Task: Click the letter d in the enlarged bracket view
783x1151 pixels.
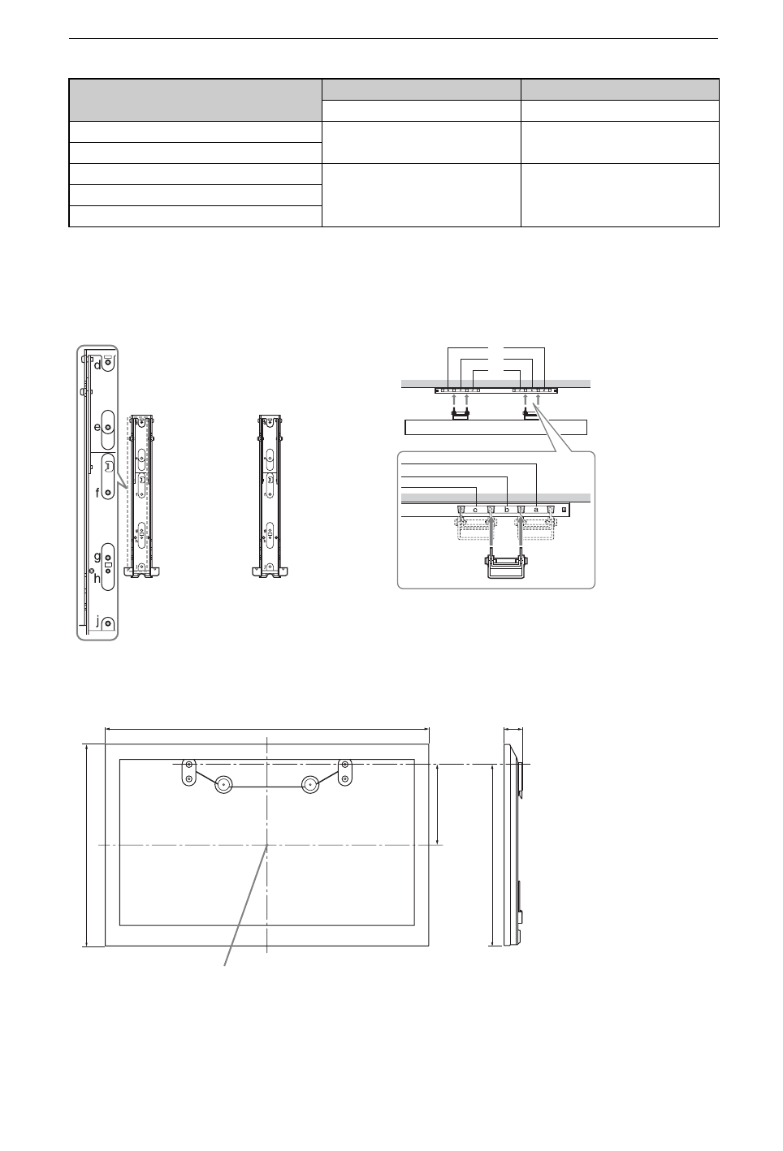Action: [x=97, y=365]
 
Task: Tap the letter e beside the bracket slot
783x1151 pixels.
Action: [x=97, y=427]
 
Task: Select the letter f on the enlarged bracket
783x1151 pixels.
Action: [x=97, y=492]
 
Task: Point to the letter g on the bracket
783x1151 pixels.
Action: [x=97, y=558]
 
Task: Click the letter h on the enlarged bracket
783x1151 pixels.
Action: [x=97, y=578]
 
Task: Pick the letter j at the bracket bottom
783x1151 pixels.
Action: [x=97, y=622]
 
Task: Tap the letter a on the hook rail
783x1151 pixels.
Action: [x=536, y=511]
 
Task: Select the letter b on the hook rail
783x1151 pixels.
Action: [x=506, y=511]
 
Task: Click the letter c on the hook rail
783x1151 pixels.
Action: [x=475, y=511]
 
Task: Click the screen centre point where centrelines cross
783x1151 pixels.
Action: [x=267, y=846]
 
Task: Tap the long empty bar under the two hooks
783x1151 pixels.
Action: [x=495, y=428]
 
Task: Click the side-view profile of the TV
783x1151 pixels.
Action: [x=512, y=844]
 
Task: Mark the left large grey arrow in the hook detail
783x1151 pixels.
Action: [x=491, y=532]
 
